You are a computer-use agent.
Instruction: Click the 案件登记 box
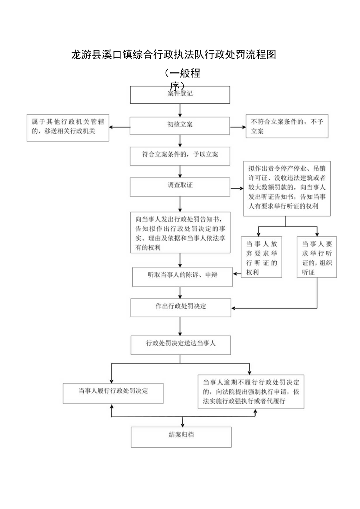point(180,95)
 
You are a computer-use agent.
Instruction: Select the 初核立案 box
point(180,126)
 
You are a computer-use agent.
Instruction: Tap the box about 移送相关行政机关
point(68,128)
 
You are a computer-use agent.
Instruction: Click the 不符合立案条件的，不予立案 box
point(287,126)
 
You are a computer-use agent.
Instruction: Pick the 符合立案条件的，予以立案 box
point(180,155)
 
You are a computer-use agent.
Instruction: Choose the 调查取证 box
point(180,187)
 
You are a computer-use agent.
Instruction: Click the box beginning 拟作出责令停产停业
point(287,188)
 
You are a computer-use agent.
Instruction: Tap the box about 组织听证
point(317,257)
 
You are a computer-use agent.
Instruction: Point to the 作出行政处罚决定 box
point(180,308)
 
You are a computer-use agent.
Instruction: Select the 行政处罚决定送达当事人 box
point(180,345)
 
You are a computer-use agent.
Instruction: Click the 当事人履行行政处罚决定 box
point(113,392)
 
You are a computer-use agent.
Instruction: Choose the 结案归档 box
point(181,437)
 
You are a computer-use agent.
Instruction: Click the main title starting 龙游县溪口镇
point(174,55)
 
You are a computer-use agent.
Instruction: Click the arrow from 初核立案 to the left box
point(119,127)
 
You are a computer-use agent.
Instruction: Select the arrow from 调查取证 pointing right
point(237,189)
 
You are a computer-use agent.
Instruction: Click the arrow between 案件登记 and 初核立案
point(180,110)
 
